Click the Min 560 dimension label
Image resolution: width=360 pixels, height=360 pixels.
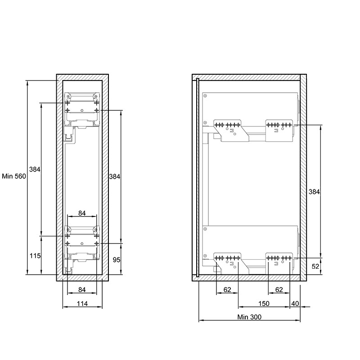pyautogui.click(x=14, y=176)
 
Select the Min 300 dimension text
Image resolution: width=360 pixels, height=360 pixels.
pyautogui.click(x=249, y=317)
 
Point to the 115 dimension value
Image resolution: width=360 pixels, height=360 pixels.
pyautogui.click(x=35, y=256)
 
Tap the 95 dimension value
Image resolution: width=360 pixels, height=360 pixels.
pyautogui.click(x=117, y=260)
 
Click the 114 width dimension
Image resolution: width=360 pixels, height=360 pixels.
pyautogui.click(x=82, y=304)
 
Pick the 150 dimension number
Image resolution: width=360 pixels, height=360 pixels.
pyautogui.click(x=264, y=303)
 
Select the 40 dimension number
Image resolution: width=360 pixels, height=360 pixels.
pyautogui.click(x=295, y=303)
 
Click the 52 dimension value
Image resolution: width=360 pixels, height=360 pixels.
pyautogui.click(x=315, y=266)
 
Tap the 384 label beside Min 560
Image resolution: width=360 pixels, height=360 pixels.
pyautogui.click(x=35, y=170)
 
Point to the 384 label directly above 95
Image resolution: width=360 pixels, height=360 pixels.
pyautogui.click(x=115, y=176)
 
